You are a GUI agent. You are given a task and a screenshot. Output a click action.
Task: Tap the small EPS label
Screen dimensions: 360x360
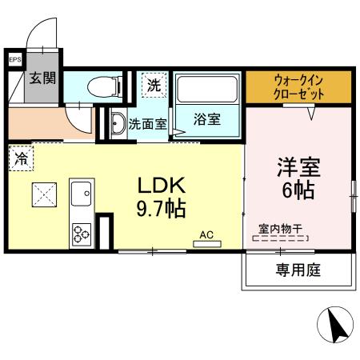pos(14,60)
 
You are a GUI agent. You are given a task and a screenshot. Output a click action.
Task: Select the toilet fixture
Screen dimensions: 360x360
pos(105,84)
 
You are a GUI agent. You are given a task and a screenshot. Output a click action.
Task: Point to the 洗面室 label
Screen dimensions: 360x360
pos(148,125)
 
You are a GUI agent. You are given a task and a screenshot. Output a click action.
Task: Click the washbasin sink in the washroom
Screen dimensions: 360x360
pos(117,124)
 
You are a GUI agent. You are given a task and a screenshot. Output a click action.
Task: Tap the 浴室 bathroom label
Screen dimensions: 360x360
pos(206,120)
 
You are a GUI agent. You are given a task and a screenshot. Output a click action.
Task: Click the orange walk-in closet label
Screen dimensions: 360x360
pos(298,86)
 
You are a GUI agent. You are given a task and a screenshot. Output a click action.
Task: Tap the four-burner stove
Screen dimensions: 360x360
pos(82,232)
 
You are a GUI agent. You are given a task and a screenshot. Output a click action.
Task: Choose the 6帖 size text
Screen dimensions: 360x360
pos(297,192)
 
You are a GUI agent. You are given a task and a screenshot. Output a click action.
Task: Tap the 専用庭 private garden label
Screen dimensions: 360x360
pos(298,270)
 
